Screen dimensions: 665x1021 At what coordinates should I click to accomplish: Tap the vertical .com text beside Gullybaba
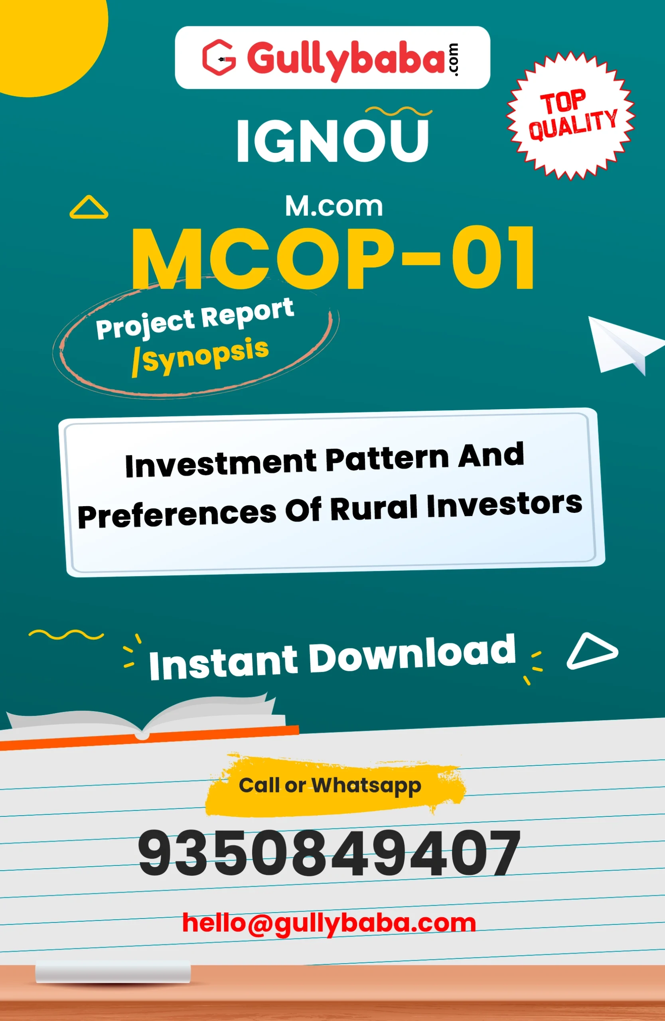[454, 60]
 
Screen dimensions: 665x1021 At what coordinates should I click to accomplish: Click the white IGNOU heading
[333, 141]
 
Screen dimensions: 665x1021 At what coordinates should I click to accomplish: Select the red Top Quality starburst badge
[570, 115]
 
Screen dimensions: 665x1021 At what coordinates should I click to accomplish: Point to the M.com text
[334, 206]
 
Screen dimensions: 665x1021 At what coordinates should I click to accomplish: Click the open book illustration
[146, 721]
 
